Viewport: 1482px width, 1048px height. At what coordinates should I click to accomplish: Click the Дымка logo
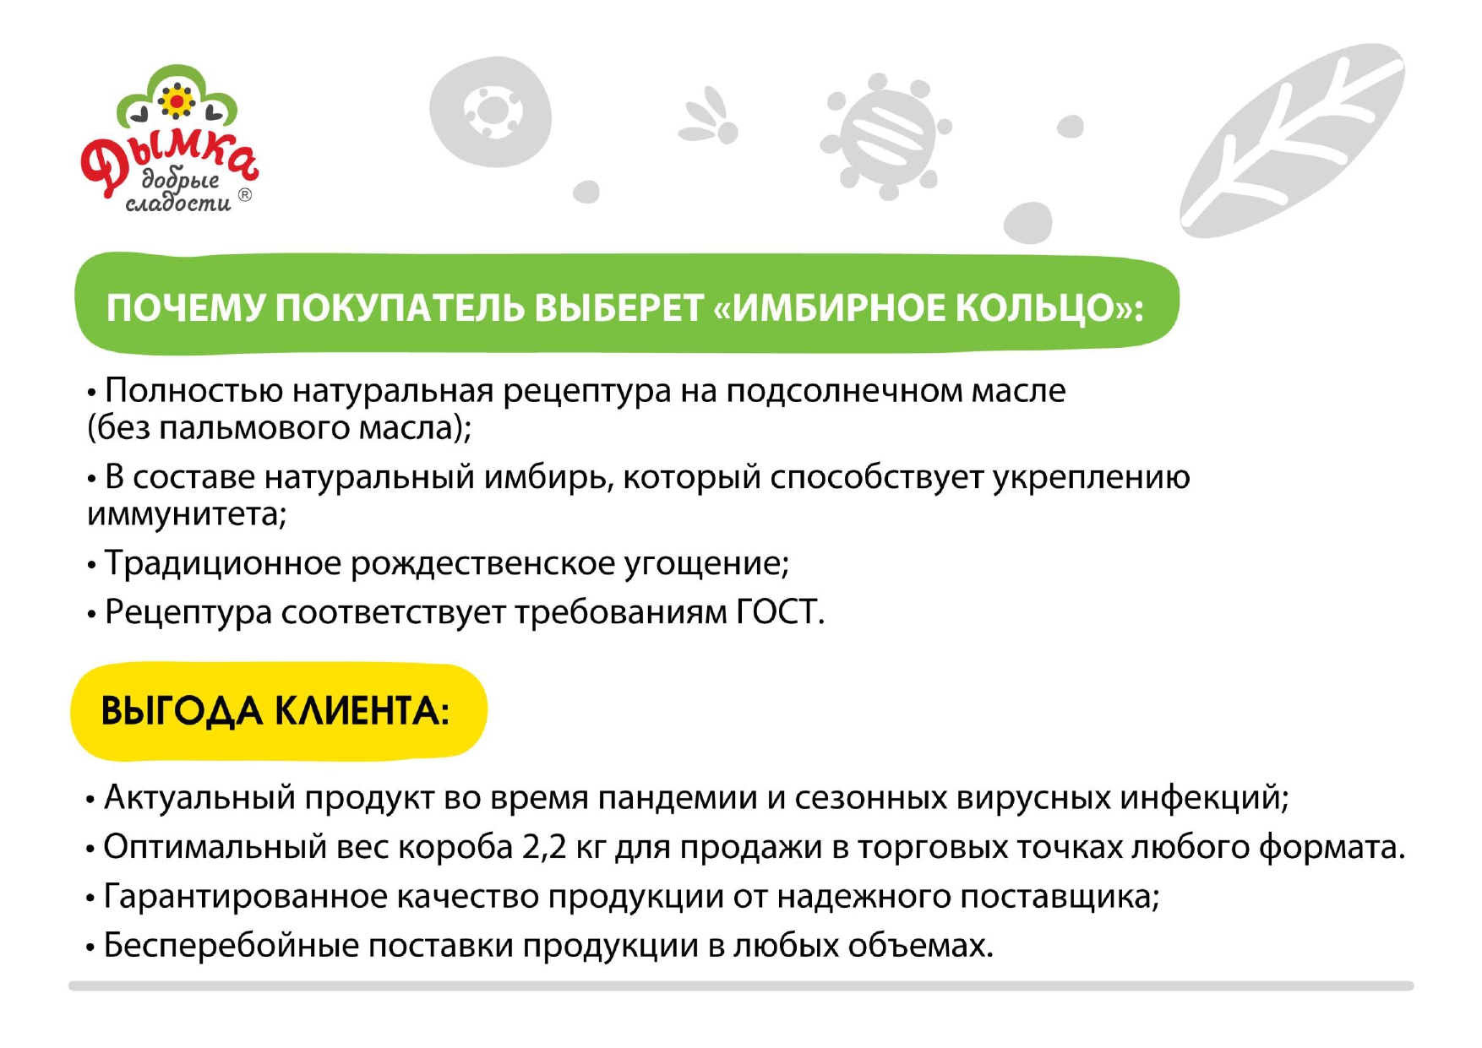(169, 139)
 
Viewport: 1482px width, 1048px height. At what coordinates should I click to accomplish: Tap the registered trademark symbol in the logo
(245, 195)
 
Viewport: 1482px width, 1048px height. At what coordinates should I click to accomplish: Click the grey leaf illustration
(1293, 139)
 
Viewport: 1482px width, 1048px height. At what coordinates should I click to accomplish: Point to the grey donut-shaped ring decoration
(490, 112)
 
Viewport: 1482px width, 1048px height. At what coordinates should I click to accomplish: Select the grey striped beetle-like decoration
(885, 137)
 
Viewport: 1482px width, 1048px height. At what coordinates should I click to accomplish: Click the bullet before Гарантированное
(90, 898)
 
